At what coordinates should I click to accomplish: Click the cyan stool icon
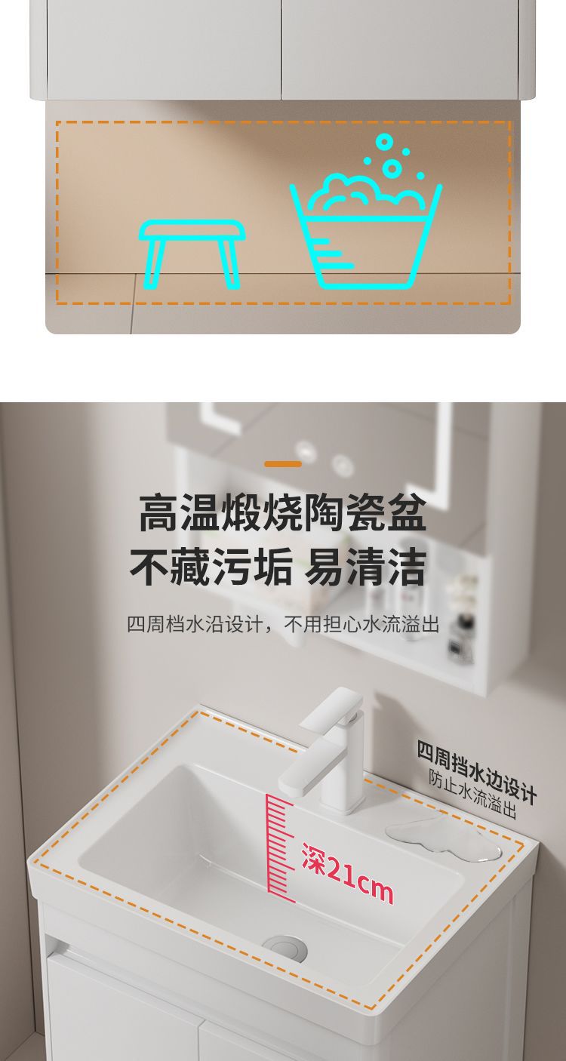tap(192, 254)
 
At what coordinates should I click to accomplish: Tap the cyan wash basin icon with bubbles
tap(365, 226)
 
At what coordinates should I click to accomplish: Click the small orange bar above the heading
tap(283, 464)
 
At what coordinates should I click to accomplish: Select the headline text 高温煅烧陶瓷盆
tap(283, 512)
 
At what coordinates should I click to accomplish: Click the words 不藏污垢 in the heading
tap(211, 567)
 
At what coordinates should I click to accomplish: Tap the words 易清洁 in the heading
tap(365, 567)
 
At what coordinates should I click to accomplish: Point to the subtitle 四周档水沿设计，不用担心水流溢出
tap(283, 625)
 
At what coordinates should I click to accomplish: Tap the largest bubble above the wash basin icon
tap(392, 167)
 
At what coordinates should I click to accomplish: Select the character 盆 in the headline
tap(407, 512)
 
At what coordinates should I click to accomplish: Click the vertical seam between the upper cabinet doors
tap(281, 49)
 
